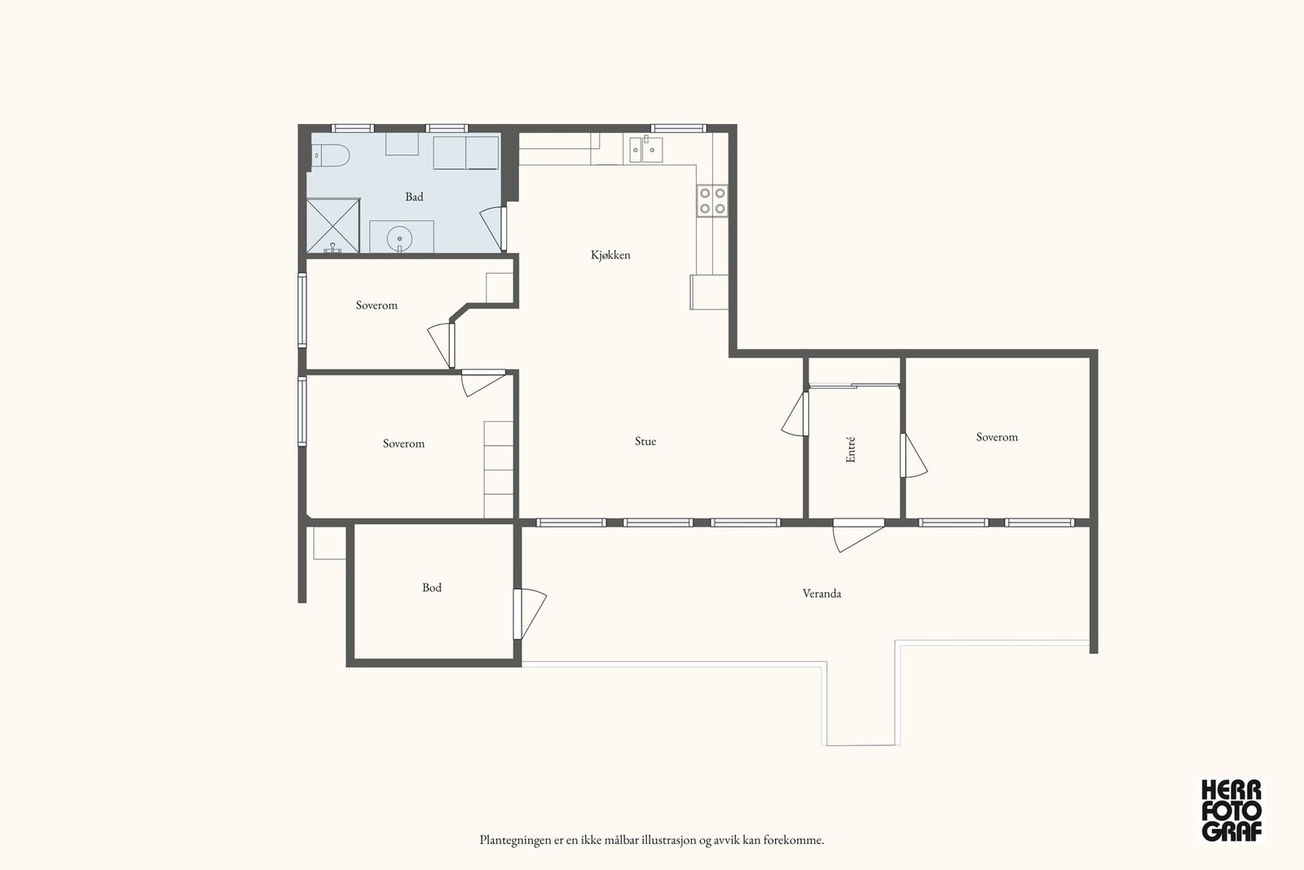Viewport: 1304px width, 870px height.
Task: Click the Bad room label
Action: tap(414, 197)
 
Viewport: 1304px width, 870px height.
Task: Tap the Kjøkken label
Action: tap(610, 254)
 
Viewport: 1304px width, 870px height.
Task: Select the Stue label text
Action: tap(645, 441)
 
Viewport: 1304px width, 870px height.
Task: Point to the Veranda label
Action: tap(822, 594)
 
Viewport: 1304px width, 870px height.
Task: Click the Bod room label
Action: tap(431, 588)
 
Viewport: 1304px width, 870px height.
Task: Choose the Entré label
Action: tap(851, 449)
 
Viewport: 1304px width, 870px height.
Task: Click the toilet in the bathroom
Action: tap(330, 155)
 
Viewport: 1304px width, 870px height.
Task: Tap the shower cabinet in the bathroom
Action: tap(333, 225)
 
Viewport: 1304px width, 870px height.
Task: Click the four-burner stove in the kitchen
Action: tap(712, 200)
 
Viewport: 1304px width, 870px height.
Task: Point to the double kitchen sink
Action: tap(645, 150)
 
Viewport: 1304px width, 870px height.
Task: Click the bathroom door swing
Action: tap(493, 228)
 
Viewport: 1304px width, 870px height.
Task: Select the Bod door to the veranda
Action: tap(530, 614)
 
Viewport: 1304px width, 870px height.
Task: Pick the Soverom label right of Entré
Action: tap(997, 437)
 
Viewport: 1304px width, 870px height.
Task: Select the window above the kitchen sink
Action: tap(678, 128)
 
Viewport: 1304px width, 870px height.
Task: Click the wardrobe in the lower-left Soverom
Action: tap(498, 470)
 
